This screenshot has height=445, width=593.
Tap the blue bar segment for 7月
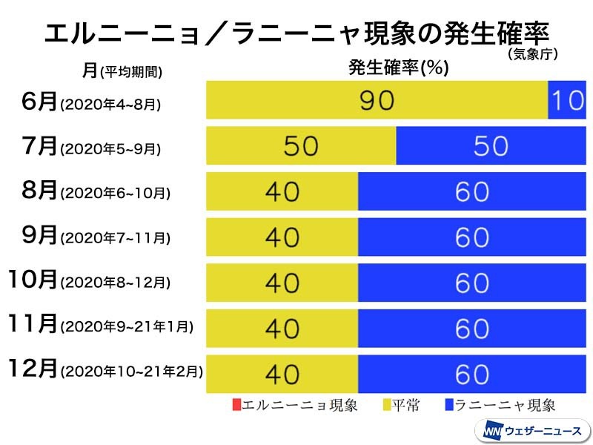point(491,145)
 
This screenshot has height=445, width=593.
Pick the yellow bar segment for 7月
point(301,145)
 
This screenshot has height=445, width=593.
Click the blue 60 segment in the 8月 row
point(471,191)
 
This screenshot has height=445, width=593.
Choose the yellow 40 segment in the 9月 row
point(282,237)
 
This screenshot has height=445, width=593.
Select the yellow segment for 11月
point(282,329)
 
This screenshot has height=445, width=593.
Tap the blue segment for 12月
point(471,374)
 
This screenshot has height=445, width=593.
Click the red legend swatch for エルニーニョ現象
point(236,405)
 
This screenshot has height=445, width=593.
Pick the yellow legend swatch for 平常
point(386,405)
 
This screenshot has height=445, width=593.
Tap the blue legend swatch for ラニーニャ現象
point(449,405)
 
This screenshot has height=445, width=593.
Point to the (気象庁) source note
point(532,54)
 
